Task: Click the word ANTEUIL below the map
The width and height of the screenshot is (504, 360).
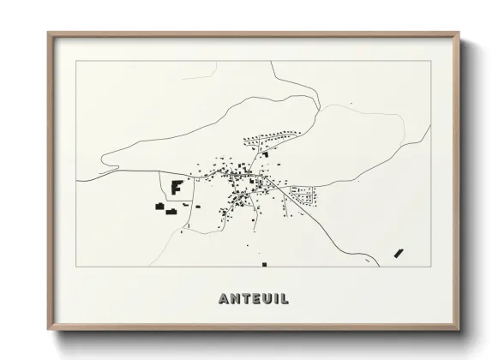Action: click(253, 299)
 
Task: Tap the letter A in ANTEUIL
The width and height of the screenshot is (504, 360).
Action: click(225, 299)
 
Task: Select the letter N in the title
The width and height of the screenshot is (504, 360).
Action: click(236, 299)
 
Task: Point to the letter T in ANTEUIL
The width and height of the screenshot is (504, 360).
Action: click(246, 299)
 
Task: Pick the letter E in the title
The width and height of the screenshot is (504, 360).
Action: click(256, 299)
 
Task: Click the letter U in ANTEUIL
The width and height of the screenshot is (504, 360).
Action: click(267, 299)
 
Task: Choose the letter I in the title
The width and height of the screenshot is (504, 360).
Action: click(275, 299)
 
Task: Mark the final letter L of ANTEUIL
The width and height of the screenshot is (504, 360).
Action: click(283, 299)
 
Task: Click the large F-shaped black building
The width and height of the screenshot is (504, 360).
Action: click(177, 186)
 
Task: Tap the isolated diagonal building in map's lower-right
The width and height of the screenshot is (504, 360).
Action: click(398, 252)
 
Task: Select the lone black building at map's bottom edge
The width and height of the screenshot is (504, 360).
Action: click(264, 264)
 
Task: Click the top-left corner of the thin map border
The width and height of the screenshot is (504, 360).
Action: click(77, 62)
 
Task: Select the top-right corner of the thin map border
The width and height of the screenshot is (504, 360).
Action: click(429, 62)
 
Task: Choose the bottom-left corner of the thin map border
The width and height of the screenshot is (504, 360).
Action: click(77, 267)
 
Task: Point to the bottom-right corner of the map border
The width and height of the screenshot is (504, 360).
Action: click(429, 267)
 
